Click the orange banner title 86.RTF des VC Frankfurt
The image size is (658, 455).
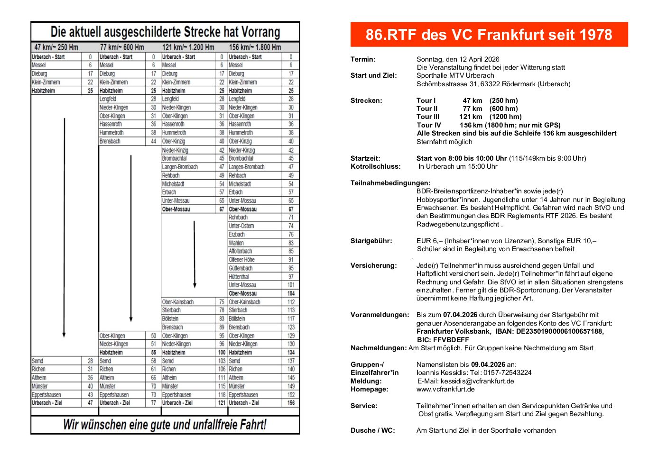click(489, 35)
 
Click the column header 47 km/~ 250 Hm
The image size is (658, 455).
click(56, 47)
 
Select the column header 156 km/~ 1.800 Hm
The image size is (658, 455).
click(255, 47)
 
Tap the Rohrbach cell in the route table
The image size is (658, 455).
click(238, 218)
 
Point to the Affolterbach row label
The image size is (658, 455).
click(241, 251)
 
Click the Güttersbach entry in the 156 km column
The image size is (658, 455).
click(241, 268)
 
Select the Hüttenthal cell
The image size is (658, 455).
click(239, 277)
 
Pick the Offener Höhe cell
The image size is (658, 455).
click(241, 260)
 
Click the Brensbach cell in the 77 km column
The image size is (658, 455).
click(110, 141)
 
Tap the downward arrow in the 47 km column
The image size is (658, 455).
click(64, 227)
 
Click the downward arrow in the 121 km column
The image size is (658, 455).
click(195, 254)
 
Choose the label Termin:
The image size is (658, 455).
click(363, 59)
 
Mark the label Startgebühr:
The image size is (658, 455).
click(371, 241)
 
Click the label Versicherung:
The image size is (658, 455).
click(373, 265)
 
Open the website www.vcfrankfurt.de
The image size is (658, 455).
click(445, 389)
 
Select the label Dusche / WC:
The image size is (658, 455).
click(372, 430)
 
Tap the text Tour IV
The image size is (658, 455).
click(429, 125)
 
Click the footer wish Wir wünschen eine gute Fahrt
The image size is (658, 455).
click(165, 424)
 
